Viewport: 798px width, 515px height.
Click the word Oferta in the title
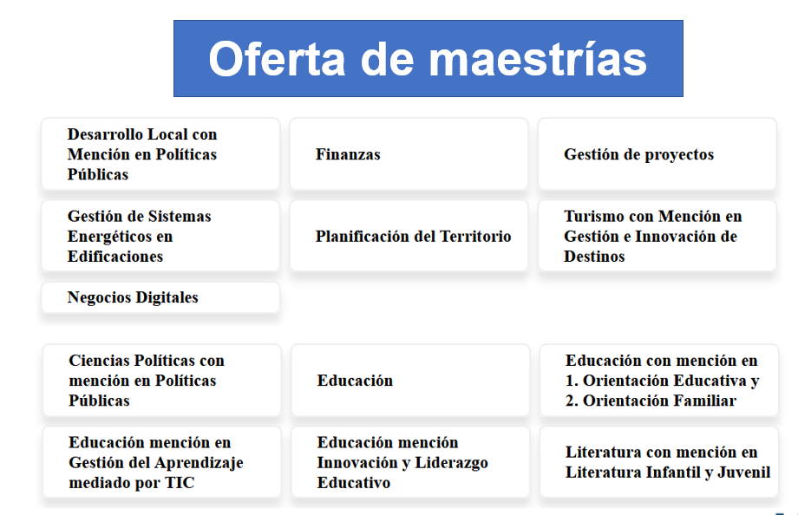pyautogui.click(x=277, y=59)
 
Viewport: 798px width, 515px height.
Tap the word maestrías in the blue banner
pyautogui.click(x=538, y=59)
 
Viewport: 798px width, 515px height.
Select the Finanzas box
pyautogui.click(x=409, y=154)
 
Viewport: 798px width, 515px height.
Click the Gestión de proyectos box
pyautogui.click(x=657, y=154)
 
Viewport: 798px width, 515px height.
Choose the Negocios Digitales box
pyautogui.click(x=160, y=297)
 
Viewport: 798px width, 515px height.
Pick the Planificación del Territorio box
pyautogui.click(x=409, y=236)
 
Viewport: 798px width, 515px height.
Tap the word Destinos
pyautogui.click(x=594, y=257)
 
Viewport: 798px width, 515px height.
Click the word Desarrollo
pyautogui.click(x=105, y=134)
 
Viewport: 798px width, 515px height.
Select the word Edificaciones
pyautogui.click(x=115, y=257)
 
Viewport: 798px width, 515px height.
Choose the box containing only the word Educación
pyautogui.click(x=410, y=380)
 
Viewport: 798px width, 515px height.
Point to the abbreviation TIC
pyautogui.click(x=180, y=482)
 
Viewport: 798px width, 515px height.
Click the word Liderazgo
pyautogui.click(x=451, y=463)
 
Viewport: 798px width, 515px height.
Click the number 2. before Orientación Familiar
pyautogui.click(x=572, y=401)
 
